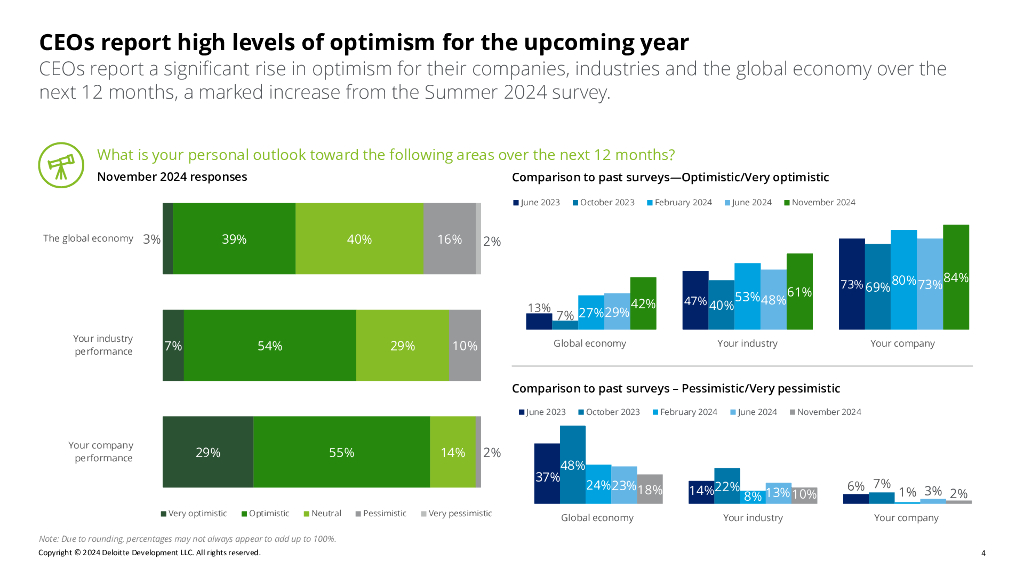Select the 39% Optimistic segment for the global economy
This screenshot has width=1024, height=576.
[234, 239]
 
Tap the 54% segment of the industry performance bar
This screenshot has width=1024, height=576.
[270, 345]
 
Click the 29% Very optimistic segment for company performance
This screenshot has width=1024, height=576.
[208, 452]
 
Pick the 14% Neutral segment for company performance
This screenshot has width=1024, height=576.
[453, 452]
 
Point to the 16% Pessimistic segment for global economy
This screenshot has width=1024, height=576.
[449, 239]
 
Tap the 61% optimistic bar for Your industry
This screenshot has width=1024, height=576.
[800, 291]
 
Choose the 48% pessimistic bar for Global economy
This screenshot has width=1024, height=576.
[573, 465]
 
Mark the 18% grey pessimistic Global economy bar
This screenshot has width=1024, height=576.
[650, 489]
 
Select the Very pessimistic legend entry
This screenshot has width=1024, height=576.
[459, 513]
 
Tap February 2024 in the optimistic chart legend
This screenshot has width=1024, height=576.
[683, 203]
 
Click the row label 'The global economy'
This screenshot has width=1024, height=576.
[88, 239]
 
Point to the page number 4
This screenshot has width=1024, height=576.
[983, 553]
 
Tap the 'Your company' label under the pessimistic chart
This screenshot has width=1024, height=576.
[906, 518]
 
